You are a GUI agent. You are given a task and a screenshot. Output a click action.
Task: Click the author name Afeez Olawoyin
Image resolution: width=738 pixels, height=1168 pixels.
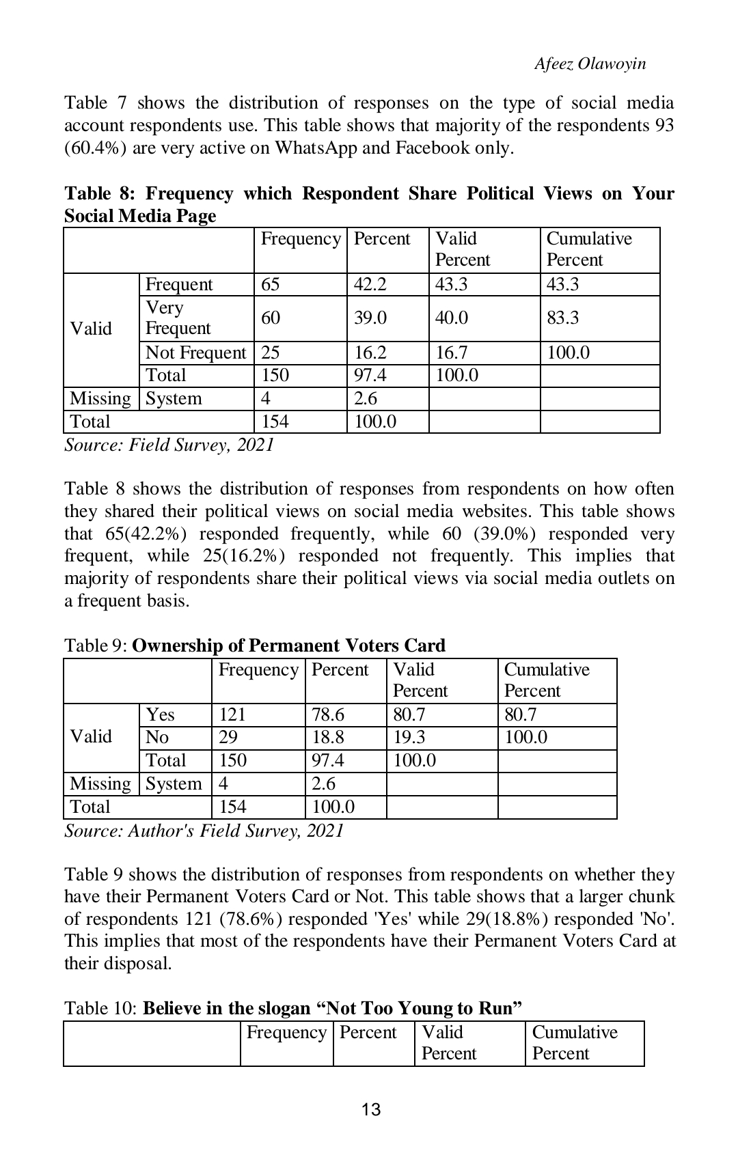click(x=590, y=64)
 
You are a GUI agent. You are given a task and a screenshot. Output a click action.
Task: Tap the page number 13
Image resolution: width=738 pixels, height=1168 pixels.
click(x=371, y=1110)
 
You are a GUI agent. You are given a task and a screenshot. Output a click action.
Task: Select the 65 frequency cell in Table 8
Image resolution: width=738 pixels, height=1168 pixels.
click(x=271, y=284)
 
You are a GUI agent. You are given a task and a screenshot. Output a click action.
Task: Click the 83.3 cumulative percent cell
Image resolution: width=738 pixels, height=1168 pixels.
click(x=562, y=318)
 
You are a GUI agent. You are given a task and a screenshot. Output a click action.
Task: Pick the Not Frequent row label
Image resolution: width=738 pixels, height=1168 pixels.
click(x=195, y=352)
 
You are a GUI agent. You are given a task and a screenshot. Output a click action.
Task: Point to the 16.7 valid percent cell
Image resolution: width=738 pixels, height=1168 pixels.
click(x=451, y=352)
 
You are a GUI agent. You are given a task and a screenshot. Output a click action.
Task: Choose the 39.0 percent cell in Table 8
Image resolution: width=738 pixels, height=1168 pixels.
click(x=370, y=318)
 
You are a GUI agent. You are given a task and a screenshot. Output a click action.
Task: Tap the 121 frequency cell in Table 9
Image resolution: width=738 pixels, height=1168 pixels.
click(x=232, y=714)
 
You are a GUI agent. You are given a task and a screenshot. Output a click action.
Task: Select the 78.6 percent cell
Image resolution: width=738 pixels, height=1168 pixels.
click(x=328, y=714)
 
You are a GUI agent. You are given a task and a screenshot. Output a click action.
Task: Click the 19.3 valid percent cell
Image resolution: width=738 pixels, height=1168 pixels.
click(x=409, y=737)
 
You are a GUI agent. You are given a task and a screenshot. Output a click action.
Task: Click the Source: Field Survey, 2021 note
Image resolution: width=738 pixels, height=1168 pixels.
click(x=169, y=445)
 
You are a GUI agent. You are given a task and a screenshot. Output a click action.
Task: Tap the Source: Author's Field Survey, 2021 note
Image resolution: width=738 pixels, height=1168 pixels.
click(x=204, y=831)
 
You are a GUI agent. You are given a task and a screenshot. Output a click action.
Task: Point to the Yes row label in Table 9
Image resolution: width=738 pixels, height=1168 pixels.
click(x=161, y=714)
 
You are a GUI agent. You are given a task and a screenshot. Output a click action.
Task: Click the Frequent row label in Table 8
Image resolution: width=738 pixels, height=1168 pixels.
click(x=179, y=284)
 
